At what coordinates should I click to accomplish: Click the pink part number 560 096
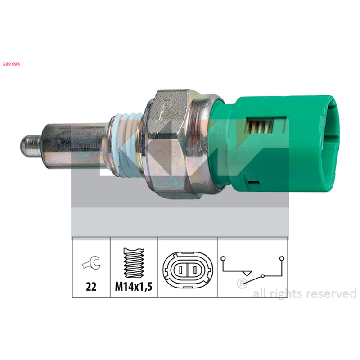(12, 64)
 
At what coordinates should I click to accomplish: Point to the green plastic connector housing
(275, 144)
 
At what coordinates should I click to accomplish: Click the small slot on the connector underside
(253, 183)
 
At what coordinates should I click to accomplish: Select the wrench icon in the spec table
(91, 263)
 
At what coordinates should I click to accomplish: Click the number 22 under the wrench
(91, 287)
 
